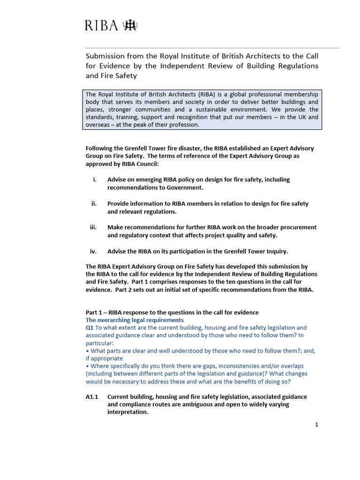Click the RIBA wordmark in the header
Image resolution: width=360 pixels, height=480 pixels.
point(101,25)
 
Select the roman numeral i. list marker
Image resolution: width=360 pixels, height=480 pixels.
point(95,180)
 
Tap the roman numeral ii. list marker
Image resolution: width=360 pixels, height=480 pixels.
point(94,203)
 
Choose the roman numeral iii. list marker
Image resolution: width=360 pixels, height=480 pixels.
point(93,227)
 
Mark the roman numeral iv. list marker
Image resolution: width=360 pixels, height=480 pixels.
point(93,251)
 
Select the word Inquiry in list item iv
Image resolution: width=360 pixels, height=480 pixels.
point(275,251)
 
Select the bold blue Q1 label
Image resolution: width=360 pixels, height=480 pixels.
point(90,328)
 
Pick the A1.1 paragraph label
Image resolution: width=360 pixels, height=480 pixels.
point(92,397)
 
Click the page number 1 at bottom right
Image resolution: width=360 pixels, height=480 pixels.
point(316,425)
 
